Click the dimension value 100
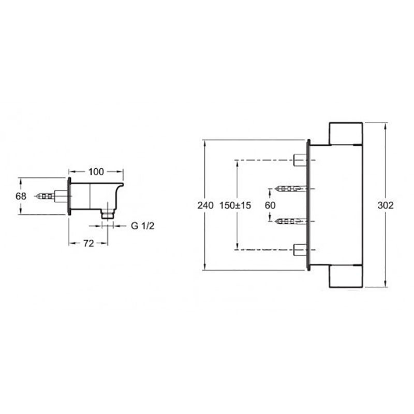click(96, 172)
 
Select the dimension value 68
click(21, 196)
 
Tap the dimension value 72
click(88, 243)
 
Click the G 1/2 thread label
click(142, 226)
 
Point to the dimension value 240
click(205, 205)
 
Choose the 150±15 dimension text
click(235, 205)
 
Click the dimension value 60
click(270, 205)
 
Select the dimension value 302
click(386, 205)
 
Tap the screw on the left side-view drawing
click(46, 196)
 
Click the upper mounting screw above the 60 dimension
click(291, 189)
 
